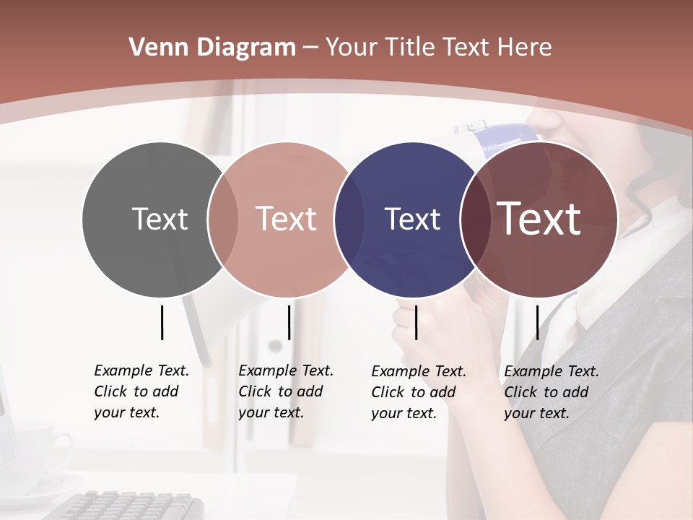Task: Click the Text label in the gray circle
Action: pyautogui.click(x=160, y=219)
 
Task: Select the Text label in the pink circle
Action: pyautogui.click(x=286, y=219)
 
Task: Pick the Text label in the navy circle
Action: pyautogui.click(x=412, y=219)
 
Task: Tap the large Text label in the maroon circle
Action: pyautogui.click(x=539, y=219)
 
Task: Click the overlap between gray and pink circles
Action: pyautogui.click(x=223, y=219)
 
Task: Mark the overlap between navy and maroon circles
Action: pyautogui.click(x=474, y=219)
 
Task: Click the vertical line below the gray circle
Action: pyautogui.click(x=162, y=322)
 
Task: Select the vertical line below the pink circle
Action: pyautogui.click(x=289, y=322)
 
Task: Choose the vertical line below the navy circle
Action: pyautogui.click(x=416, y=322)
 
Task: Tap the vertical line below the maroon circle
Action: pyautogui.click(x=537, y=322)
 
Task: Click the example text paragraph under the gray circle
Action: pyautogui.click(x=141, y=391)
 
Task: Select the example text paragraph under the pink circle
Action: pyautogui.click(x=285, y=391)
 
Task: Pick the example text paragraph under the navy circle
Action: pyautogui.click(x=418, y=392)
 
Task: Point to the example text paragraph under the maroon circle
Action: pyautogui.click(x=551, y=392)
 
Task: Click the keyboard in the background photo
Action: pyautogui.click(x=130, y=506)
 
